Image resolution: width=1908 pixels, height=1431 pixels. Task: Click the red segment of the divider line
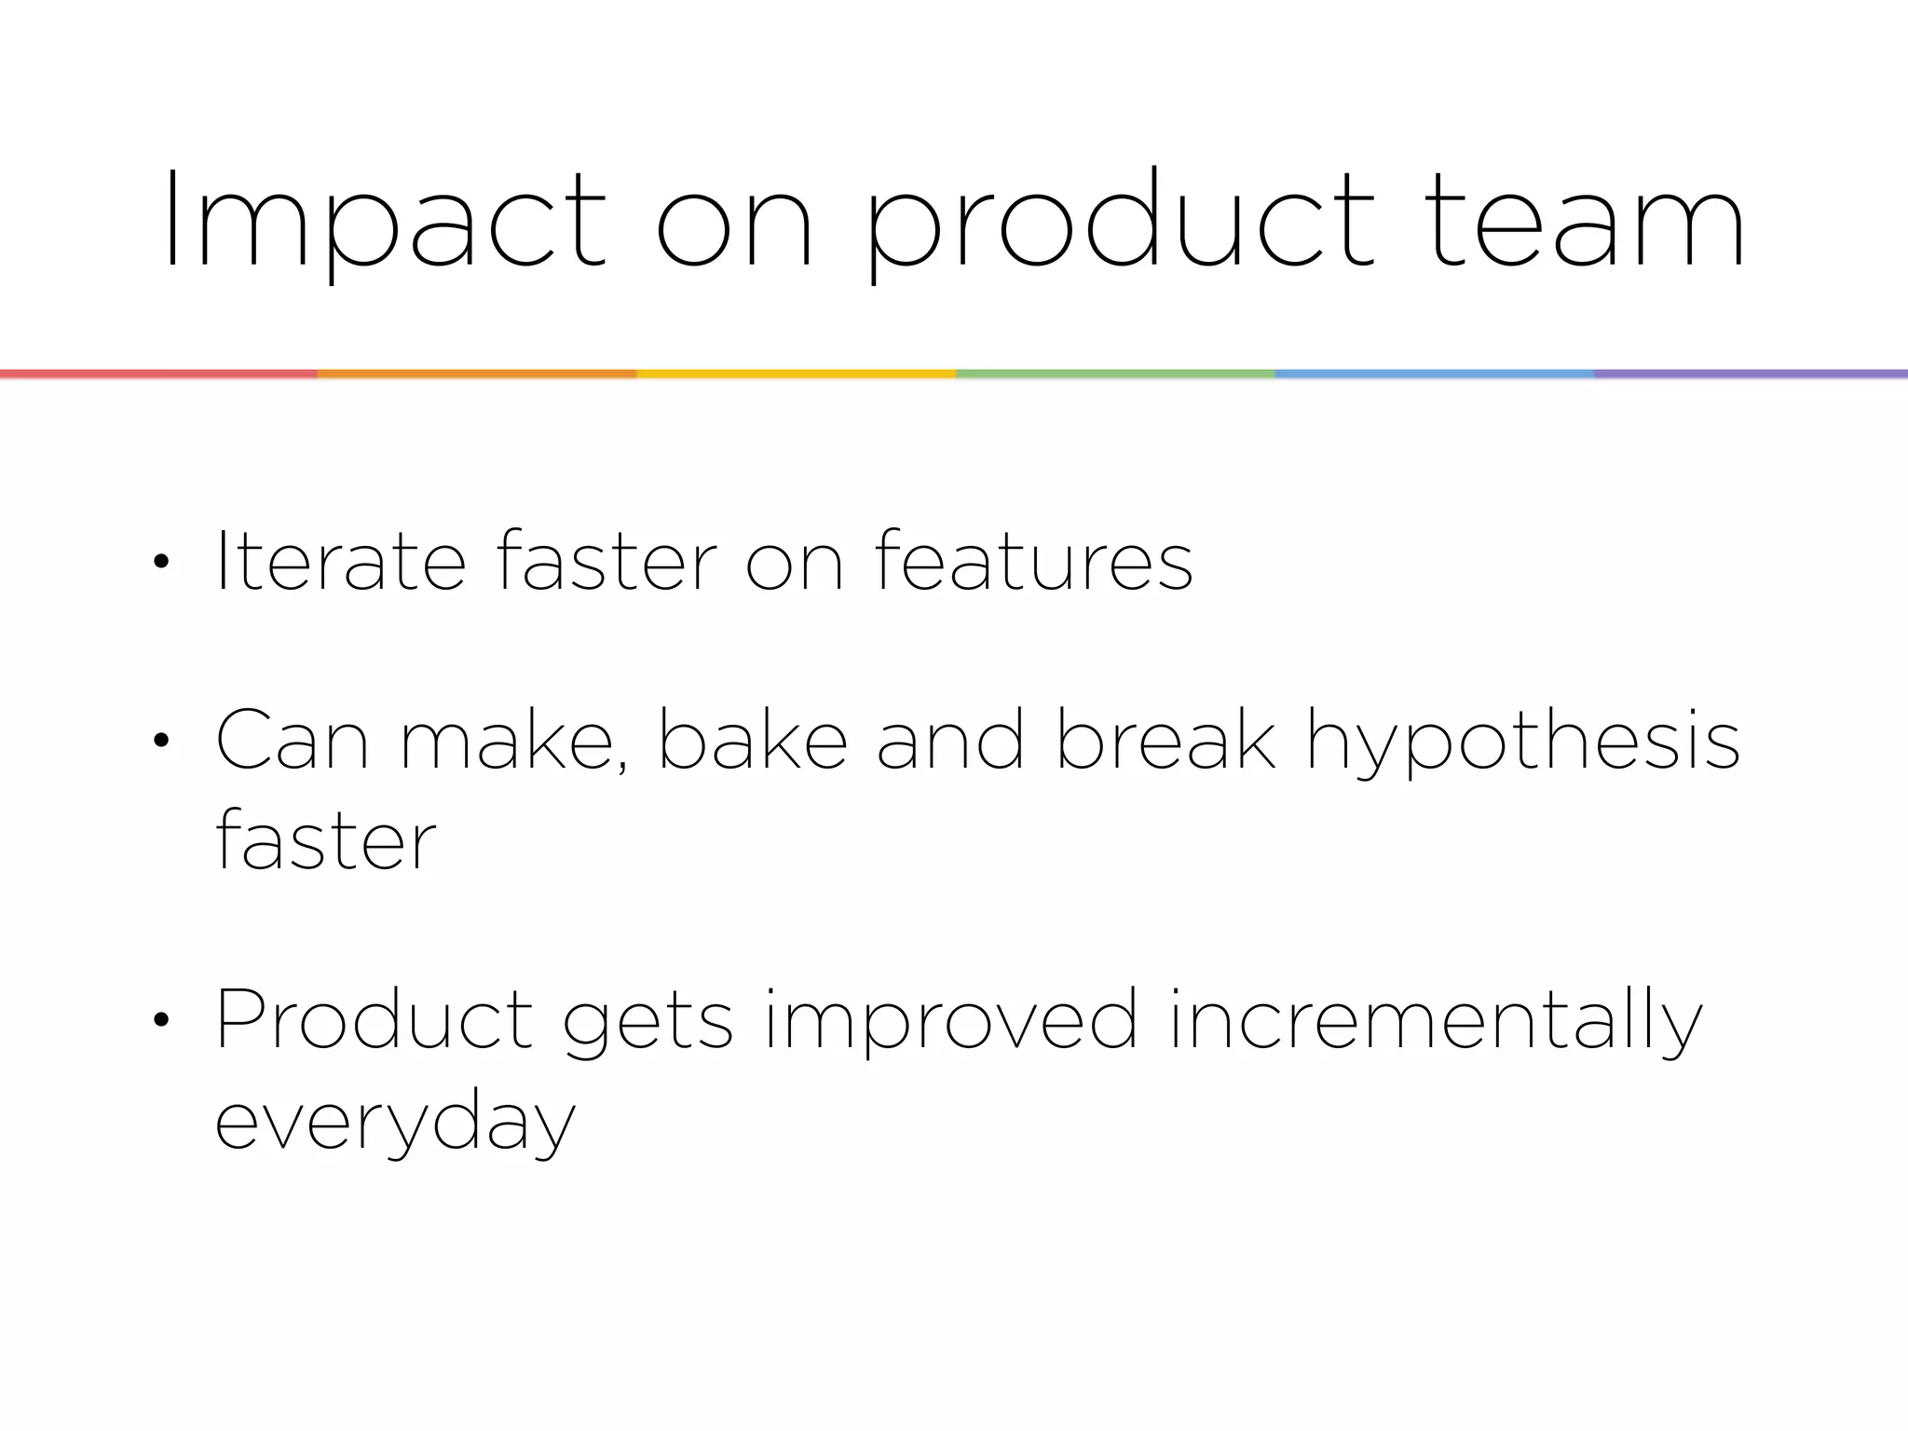[x=158, y=374]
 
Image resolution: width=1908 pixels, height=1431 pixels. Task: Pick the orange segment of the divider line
[x=477, y=374]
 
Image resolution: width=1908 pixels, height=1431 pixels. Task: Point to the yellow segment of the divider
[x=796, y=374]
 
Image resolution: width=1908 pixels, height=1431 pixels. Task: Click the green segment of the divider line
[x=1115, y=374]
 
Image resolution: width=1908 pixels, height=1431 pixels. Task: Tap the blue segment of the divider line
[x=1434, y=374]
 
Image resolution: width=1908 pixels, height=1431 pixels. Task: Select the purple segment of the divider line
[x=1751, y=374]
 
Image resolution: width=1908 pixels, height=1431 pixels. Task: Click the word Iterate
[x=340, y=560]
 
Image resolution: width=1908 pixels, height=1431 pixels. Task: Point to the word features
[x=1034, y=560]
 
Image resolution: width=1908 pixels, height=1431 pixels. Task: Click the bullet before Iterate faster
[x=161, y=562]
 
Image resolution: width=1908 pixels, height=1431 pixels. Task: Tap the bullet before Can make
[x=161, y=742]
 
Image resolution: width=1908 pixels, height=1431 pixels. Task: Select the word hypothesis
[x=1522, y=742]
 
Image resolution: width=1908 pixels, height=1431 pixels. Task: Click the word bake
[x=753, y=740]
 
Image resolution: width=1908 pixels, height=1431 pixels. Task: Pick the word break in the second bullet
[x=1165, y=740]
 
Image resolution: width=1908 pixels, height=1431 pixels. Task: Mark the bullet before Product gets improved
[x=161, y=1020]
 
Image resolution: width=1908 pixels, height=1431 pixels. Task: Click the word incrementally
[x=1436, y=1020]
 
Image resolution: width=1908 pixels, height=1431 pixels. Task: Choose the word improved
[x=951, y=1020]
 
